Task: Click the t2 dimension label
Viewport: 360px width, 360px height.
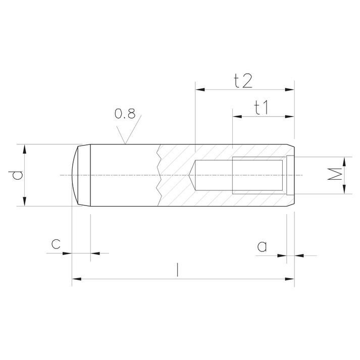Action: pos(243,81)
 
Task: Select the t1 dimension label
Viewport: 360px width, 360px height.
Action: pos(261,107)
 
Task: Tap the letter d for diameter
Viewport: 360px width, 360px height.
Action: pos(16,175)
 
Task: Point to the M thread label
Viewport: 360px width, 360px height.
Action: pos(335,174)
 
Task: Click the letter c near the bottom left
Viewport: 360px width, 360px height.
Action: pos(56,244)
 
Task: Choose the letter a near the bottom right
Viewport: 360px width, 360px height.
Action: pos(262,246)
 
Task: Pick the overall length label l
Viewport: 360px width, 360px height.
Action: pos(177,270)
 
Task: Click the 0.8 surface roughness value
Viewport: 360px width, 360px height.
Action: pos(125,114)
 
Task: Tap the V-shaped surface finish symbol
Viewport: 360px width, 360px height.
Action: pos(129,129)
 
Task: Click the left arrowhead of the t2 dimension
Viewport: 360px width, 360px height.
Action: pos(200,89)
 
